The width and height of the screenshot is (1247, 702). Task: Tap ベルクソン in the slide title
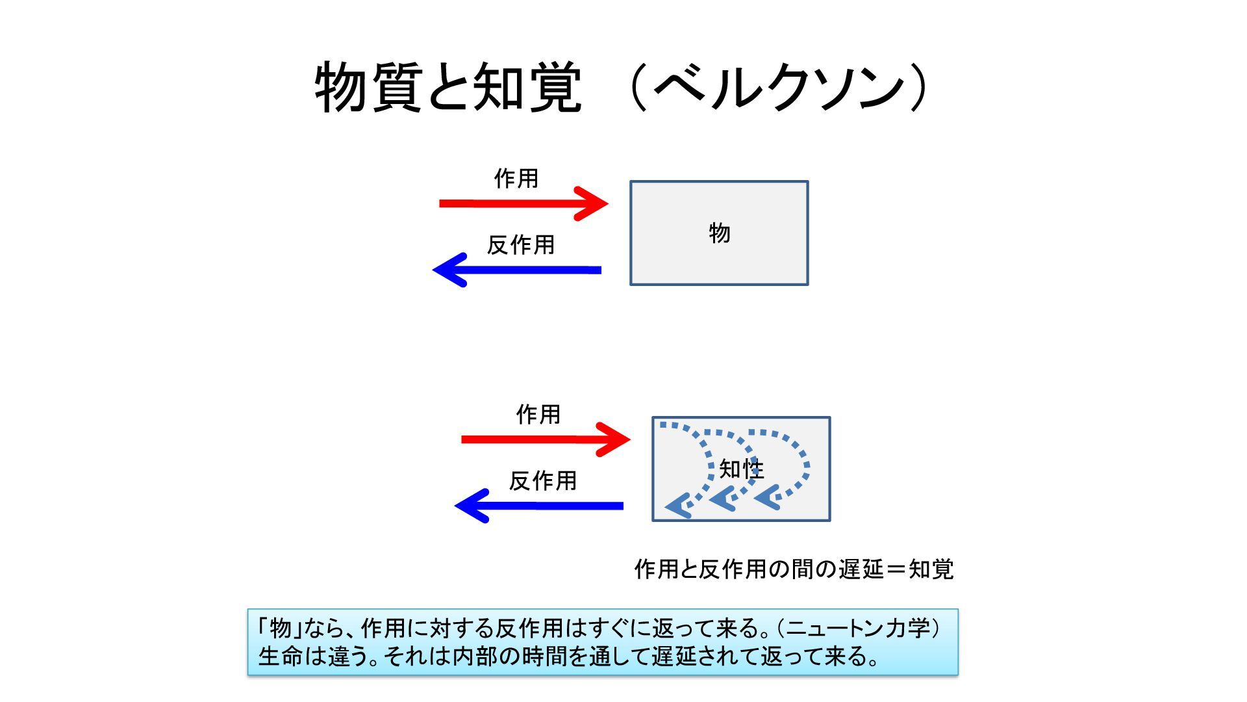click(x=779, y=88)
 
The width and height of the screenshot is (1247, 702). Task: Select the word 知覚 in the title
click(x=527, y=88)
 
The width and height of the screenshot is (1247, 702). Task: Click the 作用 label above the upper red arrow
click(x=516, y=178)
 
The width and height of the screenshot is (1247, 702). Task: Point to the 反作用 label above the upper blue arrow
click(x=521, y=245)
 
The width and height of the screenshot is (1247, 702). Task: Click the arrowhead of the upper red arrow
click(x=594, y=203)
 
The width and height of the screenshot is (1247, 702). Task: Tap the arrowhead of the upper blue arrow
click(x=448, y=270)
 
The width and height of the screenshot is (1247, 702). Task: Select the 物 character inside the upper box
click(x=720, y=233)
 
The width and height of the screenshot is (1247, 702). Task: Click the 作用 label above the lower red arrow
click(x=538, y=414)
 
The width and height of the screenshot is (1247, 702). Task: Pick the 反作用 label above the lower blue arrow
click(x=543, y=481)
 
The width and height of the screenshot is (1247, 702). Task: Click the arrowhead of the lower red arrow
click(x=616, y=439)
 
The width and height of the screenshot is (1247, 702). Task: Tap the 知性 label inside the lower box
click(x=741, y=469)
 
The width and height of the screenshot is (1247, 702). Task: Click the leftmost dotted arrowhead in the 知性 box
click(x=677, y=505)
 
